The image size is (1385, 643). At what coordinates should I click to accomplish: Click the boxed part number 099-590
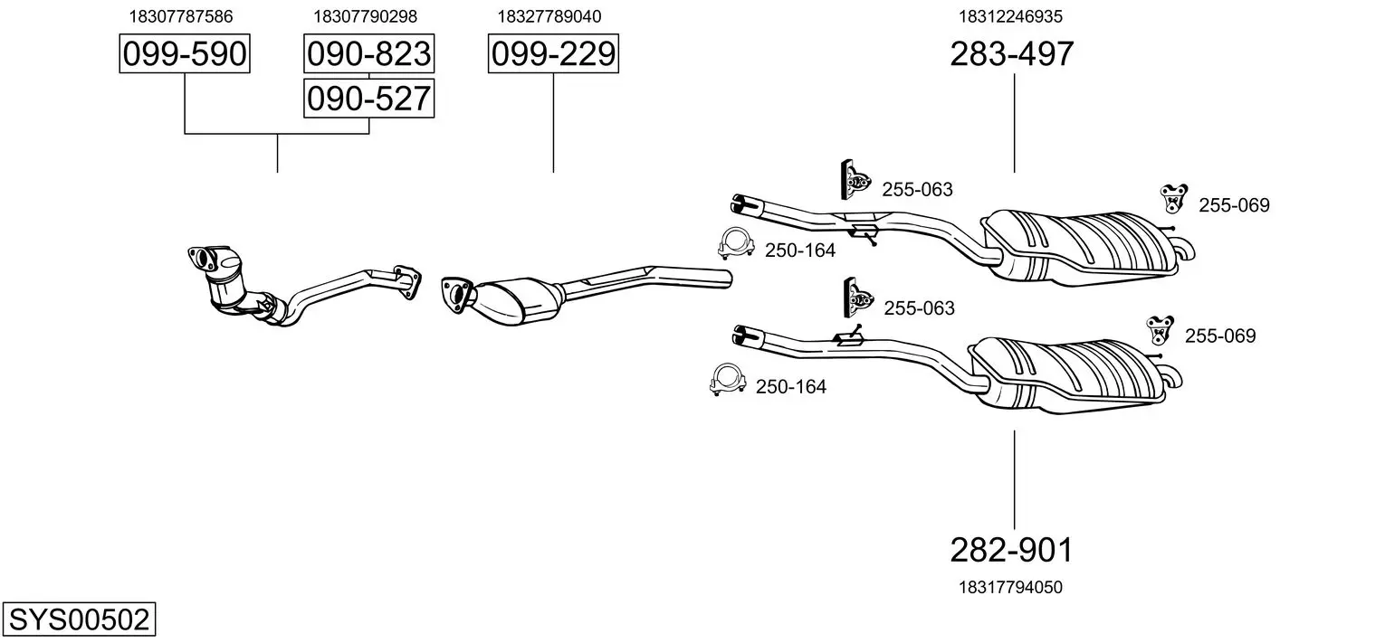click(185, 54)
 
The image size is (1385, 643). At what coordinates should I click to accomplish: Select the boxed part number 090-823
click(368, 54)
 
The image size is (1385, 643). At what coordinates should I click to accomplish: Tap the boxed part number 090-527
click(368, 98)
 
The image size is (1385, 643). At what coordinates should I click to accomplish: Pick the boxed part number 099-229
click(553, 54)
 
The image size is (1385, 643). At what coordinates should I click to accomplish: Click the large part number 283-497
click(1011, 54)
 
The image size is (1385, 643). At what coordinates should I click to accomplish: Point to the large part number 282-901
click(1011, 549)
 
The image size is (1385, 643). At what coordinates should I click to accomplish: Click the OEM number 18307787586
click(181, 16)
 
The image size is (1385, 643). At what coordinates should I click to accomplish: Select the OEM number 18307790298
click(365, 16)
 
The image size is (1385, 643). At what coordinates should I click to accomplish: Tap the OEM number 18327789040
click(549, 16)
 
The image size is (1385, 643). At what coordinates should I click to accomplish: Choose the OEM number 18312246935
click(1011, 16)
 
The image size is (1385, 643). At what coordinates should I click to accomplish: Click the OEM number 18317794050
click(1010, 587)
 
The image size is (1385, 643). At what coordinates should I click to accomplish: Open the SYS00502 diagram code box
click(79, 620)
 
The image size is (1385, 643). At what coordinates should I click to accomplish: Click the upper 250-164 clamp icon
click(736, 244)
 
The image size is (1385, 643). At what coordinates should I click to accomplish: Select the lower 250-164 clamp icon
click(726, 381)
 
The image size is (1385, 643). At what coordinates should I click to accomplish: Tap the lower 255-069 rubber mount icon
click(1159, 330)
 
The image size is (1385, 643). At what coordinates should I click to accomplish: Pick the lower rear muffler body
click(1068, 371)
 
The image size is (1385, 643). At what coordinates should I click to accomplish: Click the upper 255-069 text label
click(1234, 205)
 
